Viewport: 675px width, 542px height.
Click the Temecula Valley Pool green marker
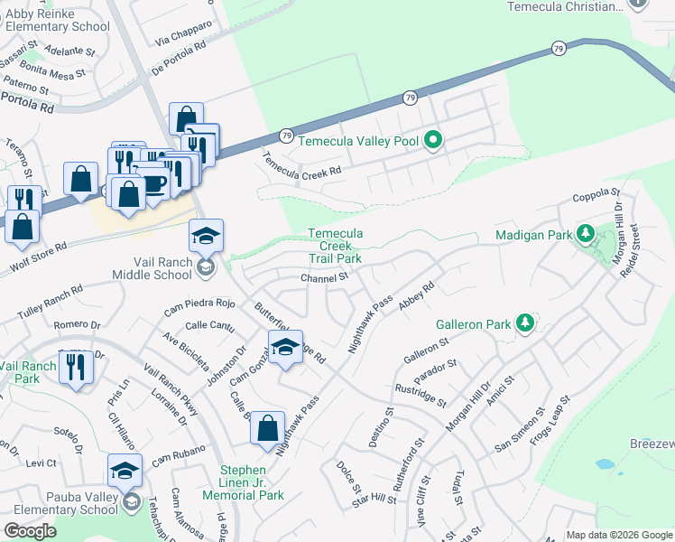pyautogui.click(x=433, y=140)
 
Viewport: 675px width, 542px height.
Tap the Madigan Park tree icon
pyautogui.click(x=586, y=236)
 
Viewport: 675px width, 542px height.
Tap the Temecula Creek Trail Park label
pyautogui.click(x=335, y=246)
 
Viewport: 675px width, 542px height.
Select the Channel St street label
pyautogui.click(x=324, y=278)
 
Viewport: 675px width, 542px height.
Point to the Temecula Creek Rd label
pyautogui.click(x=302, y=164)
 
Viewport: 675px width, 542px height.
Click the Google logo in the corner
pyautogui.click(x=30, y=531)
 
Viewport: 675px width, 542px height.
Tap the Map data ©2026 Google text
pyautogui.click(x=619, y=535)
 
